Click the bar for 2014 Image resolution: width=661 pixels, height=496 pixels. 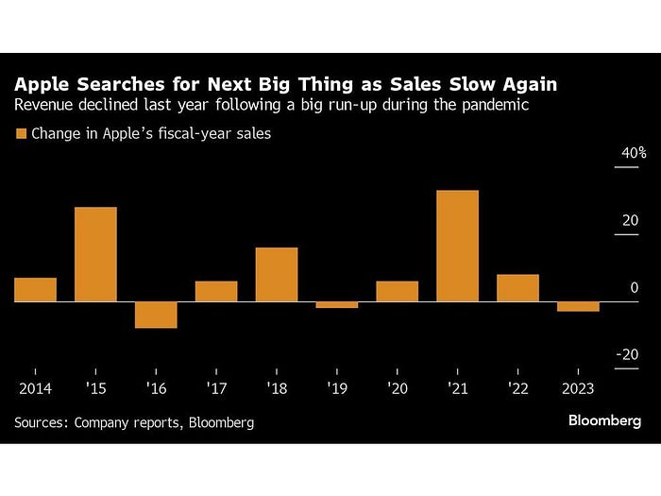pos(36,289)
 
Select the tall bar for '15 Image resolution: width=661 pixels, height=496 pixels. pos(95,254)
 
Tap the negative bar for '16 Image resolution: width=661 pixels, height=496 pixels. pos(156,315)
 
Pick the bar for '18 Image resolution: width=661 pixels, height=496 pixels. pos(277,275)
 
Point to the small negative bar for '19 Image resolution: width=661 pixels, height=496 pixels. pos(337,305)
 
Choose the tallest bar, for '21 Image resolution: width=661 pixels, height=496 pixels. pos(457,246)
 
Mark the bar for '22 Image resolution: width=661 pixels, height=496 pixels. pos(517,288)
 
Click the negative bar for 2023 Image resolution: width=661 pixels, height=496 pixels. pos(578,307)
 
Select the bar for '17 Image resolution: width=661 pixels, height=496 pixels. pos(216,291)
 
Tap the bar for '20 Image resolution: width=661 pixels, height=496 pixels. pos(398,291)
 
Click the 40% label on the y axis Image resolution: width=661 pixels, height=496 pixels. pos(634,153)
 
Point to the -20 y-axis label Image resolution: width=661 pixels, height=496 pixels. pos(627,354)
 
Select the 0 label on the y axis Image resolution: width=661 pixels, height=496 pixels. pos(635,287)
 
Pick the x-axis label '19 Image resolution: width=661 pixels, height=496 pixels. pos(337,388)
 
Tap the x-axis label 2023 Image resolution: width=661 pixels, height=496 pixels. pos(578,388)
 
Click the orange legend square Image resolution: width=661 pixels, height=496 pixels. pos(21,134)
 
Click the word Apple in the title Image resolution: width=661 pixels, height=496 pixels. pos(42,85)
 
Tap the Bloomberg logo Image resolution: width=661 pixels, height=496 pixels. pos(604,420)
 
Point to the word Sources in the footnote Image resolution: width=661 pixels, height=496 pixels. pos(41,422)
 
